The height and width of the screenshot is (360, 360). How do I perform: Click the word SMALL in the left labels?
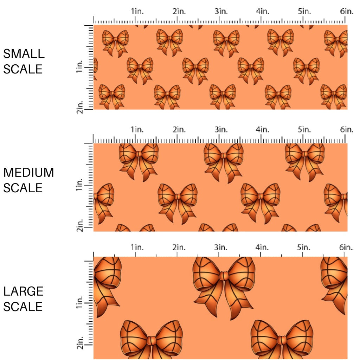tap(24, 54)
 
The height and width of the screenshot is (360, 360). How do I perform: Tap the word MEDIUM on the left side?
tap(28, 173)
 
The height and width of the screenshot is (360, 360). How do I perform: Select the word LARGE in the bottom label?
tap(23, 291)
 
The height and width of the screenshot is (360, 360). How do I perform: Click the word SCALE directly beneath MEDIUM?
tap(23, 188)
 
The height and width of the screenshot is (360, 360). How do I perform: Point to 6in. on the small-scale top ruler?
tap(347, 11)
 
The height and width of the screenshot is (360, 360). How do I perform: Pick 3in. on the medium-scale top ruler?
tap(221, 130)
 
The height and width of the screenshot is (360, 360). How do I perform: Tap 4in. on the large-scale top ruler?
tap(262, 247)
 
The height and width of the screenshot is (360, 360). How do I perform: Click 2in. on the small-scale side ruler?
tap(79, 107)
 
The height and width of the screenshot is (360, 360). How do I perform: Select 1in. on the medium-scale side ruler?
tap(79, 185)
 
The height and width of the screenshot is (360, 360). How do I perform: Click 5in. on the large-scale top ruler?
tap(304, 247)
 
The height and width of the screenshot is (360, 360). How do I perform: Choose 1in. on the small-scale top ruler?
tap(137, 11)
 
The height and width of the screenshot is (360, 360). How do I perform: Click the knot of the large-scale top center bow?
tap(224, 276)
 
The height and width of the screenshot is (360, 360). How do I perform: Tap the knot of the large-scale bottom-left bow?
tap(151, 340)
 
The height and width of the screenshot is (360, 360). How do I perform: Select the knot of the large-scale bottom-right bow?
tap(282, 340)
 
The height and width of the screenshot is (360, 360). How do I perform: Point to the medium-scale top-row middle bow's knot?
tap(224, 155)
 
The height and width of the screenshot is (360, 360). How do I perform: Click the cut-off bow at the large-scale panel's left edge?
tap(107, 285)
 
